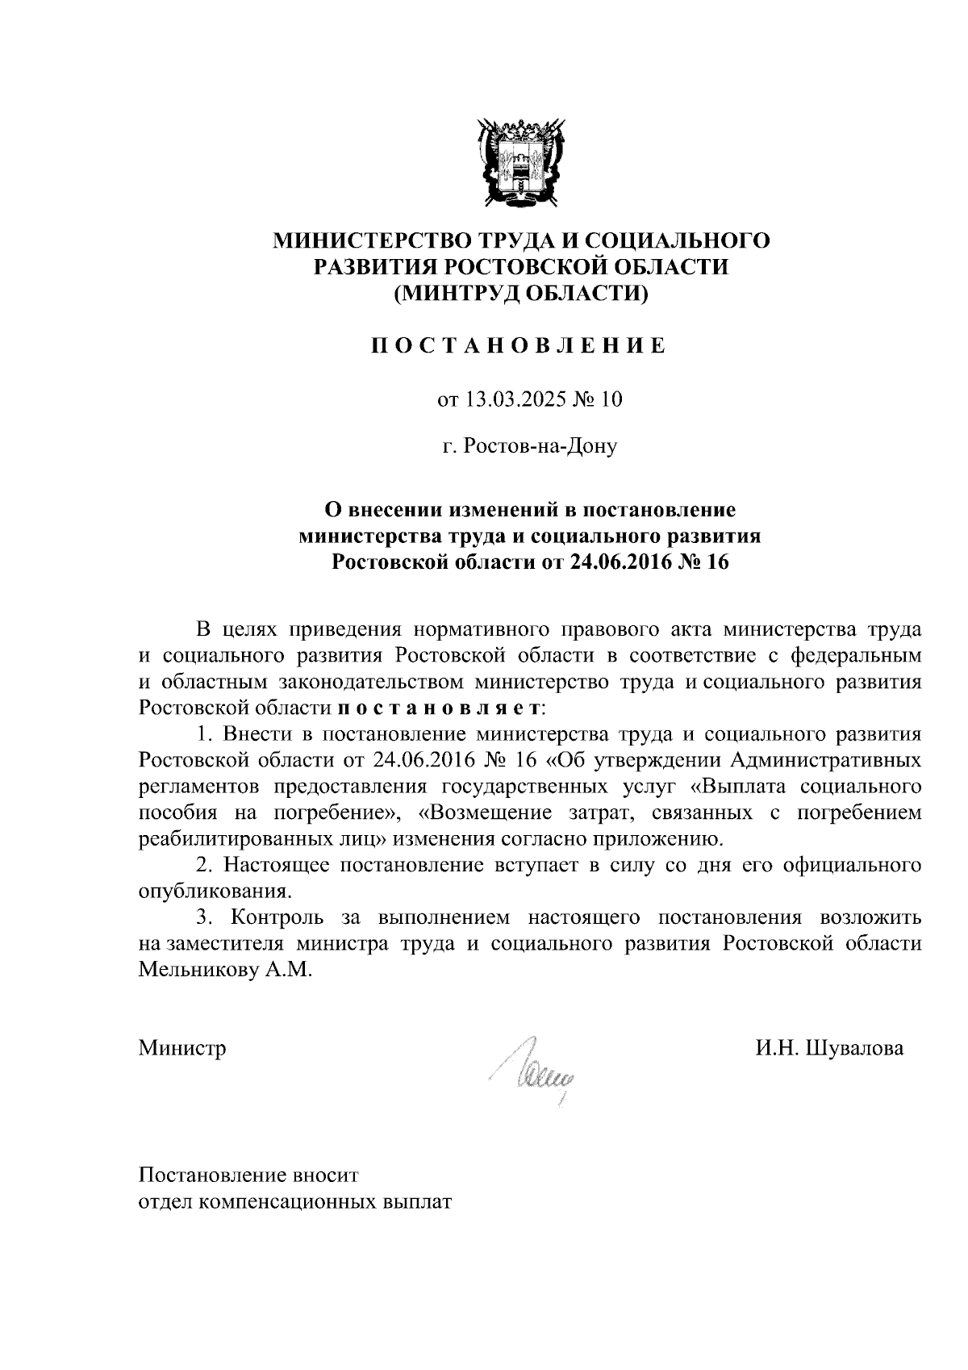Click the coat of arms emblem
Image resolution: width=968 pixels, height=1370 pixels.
pyautogui.click(x=519, y=160)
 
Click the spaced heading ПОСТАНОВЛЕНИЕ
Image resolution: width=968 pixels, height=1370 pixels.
pyautogui.click(x=519, y=346)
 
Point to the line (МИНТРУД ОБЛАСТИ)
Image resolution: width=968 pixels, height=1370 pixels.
pyautogui.click(x=520, y=294)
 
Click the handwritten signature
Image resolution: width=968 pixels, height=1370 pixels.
pyautogui.click(x=536, y=1069)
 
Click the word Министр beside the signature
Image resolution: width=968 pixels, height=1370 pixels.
pyautogui.click(x=182, y=1047)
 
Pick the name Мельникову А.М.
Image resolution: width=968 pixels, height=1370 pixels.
pyautogui.click(x=223, y=970)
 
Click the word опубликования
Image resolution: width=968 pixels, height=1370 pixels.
pyautogui.click(x=215, y=892)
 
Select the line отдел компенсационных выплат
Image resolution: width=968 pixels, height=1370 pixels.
pyautogui.click(x=295, y=1201)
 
